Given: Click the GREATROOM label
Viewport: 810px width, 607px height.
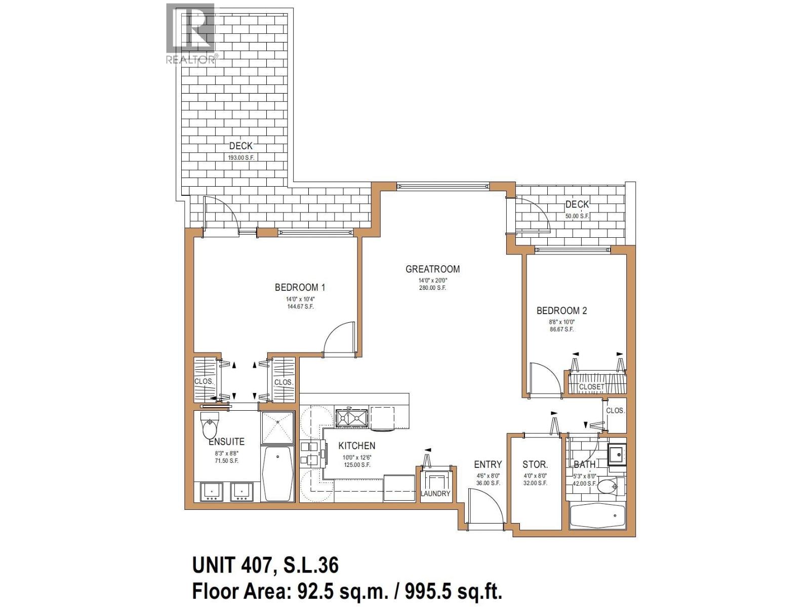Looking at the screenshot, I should pyautogui.click(x=432, y=269).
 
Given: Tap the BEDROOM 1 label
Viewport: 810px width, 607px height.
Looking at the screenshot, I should pyautogui.click(x=300, y=287).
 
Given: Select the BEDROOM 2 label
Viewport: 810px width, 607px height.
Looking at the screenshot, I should pyautogui.click(x=561, y=311).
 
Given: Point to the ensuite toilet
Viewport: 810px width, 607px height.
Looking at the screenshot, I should pyautogui.click(x=210, y=426).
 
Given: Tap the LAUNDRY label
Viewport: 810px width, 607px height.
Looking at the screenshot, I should pyautogui.click(x=435, y=493).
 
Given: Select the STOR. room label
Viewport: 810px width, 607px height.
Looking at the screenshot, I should pyautogui.click(x=535, y=464).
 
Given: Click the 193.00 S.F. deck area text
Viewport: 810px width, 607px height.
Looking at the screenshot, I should pyautogui.click(x=240, y=157).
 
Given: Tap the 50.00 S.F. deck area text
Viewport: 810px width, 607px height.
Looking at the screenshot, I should pyautogui.click(x=577, y=216).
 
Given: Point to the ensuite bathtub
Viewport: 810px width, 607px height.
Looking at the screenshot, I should pyautogui.click(x=277, y=473).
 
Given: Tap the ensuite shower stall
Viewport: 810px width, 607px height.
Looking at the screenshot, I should pyautogui.click(x=277, y=427).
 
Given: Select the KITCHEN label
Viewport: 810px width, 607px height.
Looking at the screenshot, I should pyautogui.click(x=357, y=446).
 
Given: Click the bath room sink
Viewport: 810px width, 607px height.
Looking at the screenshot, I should pyautogui.click(x=617, y=454).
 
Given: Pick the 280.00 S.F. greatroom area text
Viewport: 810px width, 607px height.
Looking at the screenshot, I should pyautogui.click(x=432, y=288).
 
